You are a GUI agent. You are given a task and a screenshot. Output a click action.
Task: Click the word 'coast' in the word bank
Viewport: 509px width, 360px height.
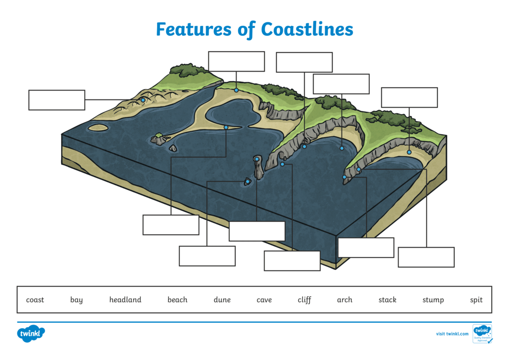[x=35, y=300]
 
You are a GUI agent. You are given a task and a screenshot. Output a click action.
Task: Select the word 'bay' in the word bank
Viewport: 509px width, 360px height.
[x=77, y=300]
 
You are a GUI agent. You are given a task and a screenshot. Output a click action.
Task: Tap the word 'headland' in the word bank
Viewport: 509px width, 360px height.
[x=125, y=300]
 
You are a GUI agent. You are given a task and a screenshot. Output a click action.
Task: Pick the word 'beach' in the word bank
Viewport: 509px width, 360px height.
[x=177, y=300]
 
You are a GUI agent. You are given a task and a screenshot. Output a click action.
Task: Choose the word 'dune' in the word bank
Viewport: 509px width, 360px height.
[x=222, y=300]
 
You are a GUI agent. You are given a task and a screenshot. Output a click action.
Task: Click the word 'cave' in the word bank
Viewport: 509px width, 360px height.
[x=264, y=300]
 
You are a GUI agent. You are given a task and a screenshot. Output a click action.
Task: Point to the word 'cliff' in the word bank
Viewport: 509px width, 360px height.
[x=304, y=300]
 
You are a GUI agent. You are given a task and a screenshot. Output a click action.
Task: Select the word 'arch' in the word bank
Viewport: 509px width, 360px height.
[x=344, y=300]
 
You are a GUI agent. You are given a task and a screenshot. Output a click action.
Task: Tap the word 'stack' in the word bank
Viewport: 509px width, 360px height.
[x=387, y=300]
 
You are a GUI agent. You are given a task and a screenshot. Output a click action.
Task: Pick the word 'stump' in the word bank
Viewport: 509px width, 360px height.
[x=433, y=300]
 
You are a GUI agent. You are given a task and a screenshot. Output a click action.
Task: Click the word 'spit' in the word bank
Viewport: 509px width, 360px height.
[x=476, y=300]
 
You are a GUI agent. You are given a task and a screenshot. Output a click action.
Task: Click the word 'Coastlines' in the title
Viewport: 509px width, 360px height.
[x=307, y=29]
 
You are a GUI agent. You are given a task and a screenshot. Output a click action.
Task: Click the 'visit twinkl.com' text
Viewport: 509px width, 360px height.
[x=452, y=334]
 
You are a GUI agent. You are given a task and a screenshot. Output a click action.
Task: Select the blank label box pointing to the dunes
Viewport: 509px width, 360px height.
[x=57, y=100]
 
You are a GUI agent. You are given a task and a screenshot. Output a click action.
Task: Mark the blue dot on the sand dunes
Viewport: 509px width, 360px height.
[x=143, y=100]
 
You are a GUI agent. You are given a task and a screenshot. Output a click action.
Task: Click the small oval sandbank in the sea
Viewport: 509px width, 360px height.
[x=98, y=128]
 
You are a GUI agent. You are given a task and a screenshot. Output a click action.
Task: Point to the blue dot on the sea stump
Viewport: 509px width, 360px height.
[x=248, y=181]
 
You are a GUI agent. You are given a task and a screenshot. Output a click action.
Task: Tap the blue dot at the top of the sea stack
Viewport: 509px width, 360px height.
[x=256, y=159]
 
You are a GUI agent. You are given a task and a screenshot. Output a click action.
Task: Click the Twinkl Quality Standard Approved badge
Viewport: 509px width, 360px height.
[x=482, y=334]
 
